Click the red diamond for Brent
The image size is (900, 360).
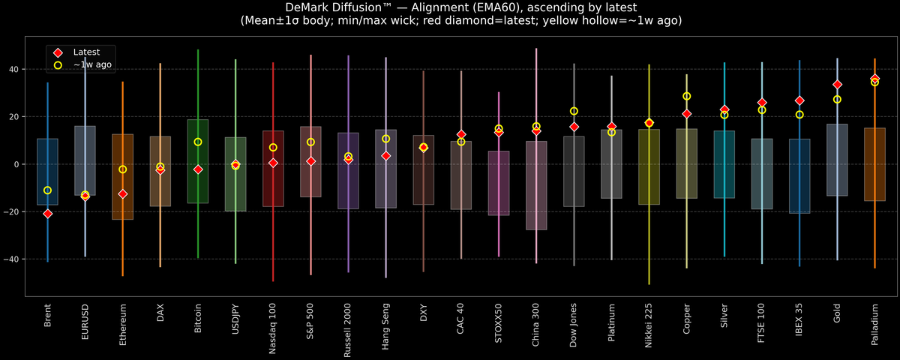click(x=48, y=214)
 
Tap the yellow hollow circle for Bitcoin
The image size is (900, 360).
click(x=198, y=142)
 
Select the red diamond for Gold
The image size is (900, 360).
click(x=837, y=85)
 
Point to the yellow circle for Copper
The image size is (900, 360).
click(x=686, y=96)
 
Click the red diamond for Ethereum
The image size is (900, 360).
click(x=123, y=193)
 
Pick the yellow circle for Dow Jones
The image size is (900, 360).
click(x=574, y=111)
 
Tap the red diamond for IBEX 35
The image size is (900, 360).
click(x=799, y=100)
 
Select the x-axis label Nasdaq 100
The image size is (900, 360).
click(x=273, y=327)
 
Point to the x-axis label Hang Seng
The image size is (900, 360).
click(x=385, y=326)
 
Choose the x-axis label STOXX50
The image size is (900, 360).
click(x=499, y=325)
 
